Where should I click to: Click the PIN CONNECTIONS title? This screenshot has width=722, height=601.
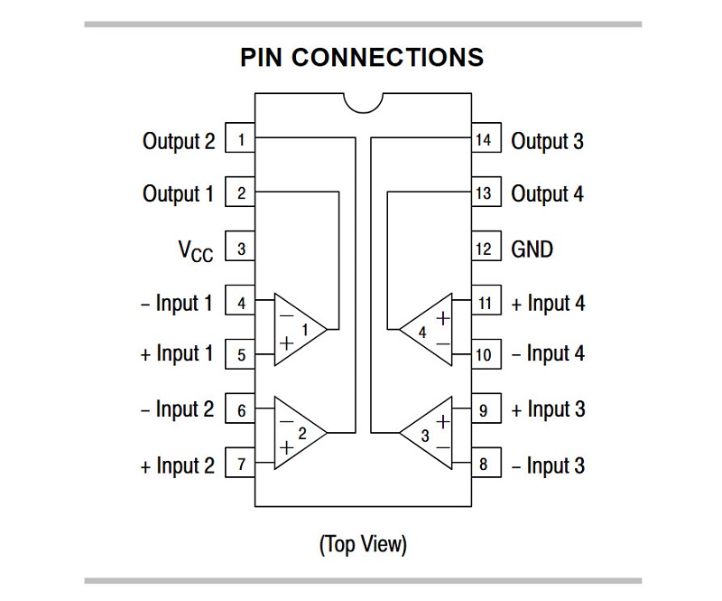(x=362, y=57)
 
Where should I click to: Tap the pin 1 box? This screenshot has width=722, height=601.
(x=240, y=140)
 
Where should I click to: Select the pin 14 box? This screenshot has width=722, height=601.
(x=485, y=140)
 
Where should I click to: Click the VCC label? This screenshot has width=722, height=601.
(x=195, y=250)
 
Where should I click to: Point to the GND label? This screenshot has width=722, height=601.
(x=532, y=249)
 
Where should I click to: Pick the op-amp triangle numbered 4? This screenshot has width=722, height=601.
(x=428, y=330)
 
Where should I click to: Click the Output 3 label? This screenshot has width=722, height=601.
(x=547, y=141)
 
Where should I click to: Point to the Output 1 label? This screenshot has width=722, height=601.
(x=179, y=193)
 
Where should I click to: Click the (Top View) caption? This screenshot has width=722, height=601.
(x=362, y=545)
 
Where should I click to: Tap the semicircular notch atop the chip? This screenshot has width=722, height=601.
(x=362, y=101)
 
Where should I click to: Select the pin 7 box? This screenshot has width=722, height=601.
(x=240, y=465)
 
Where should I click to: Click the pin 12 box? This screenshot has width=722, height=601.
(x=485, y=249)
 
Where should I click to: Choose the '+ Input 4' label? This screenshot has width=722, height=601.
(x=548, y=304)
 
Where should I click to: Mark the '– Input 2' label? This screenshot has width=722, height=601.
(x=178, y=409)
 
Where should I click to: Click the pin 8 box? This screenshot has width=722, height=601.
(x=485, y=465)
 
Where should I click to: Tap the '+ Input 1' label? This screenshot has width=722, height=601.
(x=178, y=353)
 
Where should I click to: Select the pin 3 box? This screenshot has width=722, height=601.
(x=240, y=249)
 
